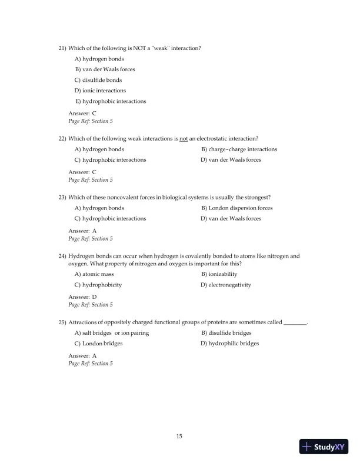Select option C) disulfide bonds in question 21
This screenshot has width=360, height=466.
[x=98, y=80]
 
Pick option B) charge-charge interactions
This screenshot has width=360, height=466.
[x=239, y=149]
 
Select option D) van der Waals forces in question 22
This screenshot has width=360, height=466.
[x=231, y=160]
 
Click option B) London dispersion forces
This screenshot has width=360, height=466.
[x=236, y=208]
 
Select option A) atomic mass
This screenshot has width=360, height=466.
[x=94, y=274]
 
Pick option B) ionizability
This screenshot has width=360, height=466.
[x=219, y=274]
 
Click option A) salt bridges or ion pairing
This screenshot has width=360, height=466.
[x=111, y=333]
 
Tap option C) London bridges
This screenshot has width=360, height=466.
[x=98, y=344]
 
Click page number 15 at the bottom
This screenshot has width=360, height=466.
[x=179, y=436]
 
